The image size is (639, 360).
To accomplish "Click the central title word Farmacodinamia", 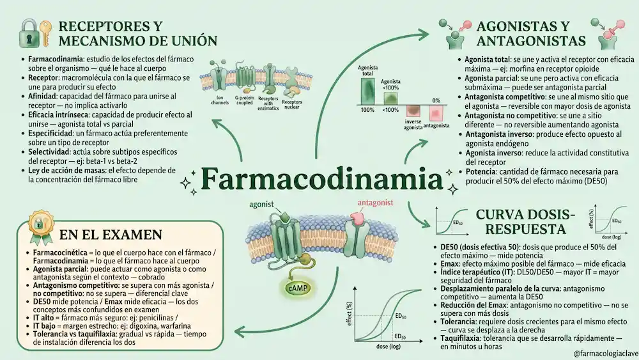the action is click(321, 178).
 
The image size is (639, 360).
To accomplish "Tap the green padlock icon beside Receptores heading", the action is click(29, 33).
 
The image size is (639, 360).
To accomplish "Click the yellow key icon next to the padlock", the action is click(45, 33).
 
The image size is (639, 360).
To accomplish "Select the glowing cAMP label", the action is click(298, 288).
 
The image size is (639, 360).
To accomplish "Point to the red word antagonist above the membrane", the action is click(375, 203).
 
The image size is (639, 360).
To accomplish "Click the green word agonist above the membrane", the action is click(261, 204).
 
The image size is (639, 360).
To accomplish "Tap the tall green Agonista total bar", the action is click(367, 91).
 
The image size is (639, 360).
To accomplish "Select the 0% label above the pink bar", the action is click(436, 100).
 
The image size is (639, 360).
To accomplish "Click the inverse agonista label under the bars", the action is click(413, 124).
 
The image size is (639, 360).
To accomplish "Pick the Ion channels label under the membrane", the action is click(220, 100).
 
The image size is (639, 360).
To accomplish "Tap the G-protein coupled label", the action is click(244, 100).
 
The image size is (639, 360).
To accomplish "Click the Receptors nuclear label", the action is click(292, 104).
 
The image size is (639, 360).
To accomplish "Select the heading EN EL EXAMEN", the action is click(111, 235).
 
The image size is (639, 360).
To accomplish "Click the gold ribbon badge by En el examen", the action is click(40, 227).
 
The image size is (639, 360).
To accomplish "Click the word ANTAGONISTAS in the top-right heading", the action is click(531, 41).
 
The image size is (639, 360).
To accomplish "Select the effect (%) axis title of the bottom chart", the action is click(349, 313).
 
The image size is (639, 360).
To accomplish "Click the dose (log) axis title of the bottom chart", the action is click(388, 347).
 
